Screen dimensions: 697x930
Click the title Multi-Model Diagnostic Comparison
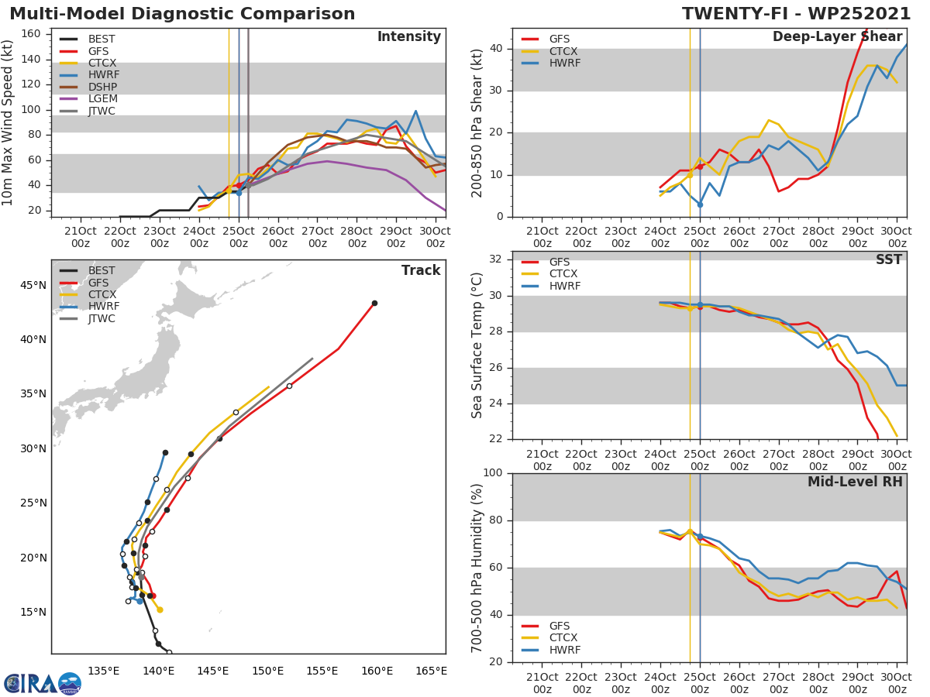tap(182, 14)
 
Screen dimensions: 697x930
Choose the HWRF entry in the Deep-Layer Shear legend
tap(564, 64)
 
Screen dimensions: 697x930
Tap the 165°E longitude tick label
tap(431, 671)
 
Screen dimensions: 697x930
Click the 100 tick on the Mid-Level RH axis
tap(494, 473)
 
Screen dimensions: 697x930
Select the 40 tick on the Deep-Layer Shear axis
tap(498, 49)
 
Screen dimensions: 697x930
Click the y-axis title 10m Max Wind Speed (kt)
tap(9, 122)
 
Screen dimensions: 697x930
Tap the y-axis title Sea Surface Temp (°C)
tap(477, 345)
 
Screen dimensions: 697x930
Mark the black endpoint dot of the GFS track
tap(374, 303)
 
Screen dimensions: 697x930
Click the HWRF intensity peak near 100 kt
tap(415, 111)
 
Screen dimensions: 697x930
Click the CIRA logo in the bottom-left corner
tap(43, 683)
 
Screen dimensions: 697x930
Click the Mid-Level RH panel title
tap(855, 482)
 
